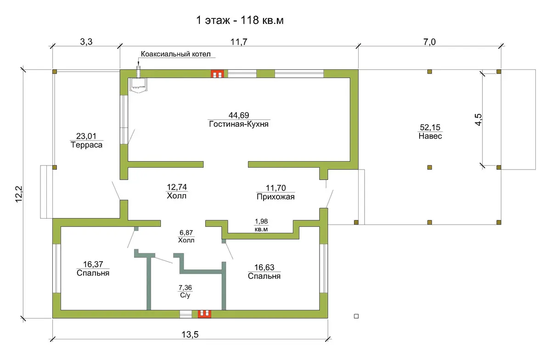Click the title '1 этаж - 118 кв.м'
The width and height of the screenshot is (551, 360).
[x=240, y=20]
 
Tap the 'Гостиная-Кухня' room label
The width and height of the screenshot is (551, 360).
[x=239, y=124]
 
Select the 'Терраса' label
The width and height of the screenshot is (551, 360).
[x=87, y=145]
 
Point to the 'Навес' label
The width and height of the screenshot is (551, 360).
[x=430, y=136]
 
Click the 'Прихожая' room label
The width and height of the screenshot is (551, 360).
[x=275, y=197]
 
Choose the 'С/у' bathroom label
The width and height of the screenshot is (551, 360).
[x=185, y=295]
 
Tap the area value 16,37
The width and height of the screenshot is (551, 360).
[x=93, y=264]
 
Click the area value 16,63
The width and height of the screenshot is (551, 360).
[x=264, y=267]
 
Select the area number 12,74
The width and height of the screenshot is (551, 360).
[x=177, y=187]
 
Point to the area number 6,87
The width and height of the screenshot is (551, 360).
[x=186, y=232]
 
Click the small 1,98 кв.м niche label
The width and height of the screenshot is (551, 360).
[x=261, y=225]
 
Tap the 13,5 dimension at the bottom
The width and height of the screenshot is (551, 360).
[x=190, y=335]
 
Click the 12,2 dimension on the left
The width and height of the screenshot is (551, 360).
[x=19, y=194]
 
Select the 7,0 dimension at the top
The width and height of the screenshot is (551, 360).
[x=429, y=42]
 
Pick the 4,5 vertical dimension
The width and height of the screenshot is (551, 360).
[x=478, y=119]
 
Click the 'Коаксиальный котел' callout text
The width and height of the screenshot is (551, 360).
[x=175, y=54]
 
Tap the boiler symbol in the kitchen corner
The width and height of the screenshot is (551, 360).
[x=139, y=85]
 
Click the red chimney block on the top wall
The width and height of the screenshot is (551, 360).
[x=217, y=74]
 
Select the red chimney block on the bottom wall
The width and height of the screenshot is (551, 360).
[x=204, y=314]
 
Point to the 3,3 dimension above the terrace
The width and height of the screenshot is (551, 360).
[x=86, y=42]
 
